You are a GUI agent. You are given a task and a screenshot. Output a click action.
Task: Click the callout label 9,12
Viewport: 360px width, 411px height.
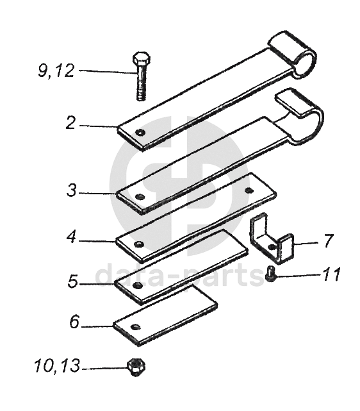(56, 71)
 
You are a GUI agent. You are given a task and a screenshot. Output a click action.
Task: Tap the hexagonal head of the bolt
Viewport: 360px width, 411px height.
(142, 59)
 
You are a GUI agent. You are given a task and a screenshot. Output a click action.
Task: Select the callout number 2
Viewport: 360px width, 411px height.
(70, 122)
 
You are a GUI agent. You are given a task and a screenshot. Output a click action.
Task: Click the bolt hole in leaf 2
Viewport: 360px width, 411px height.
(141, 132)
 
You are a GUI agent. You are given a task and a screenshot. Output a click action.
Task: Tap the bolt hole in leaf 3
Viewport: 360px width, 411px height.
(140, 197)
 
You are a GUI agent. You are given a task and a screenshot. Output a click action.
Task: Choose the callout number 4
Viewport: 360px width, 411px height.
(71, 237)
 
